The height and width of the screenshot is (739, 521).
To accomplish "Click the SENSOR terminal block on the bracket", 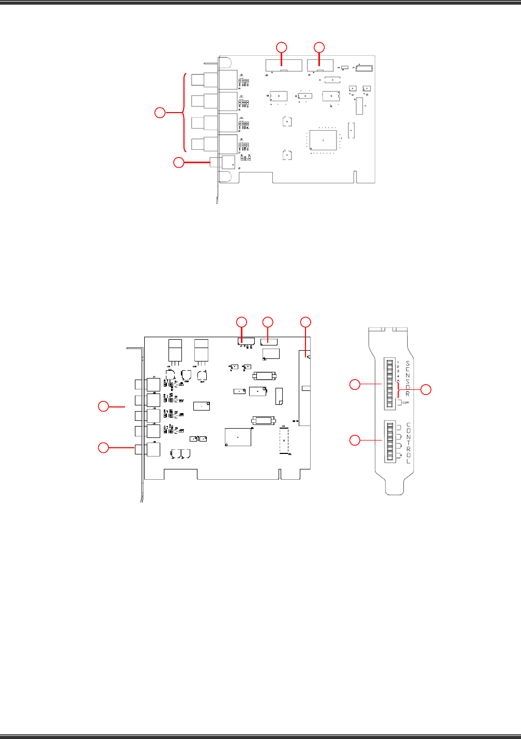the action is (389, 382).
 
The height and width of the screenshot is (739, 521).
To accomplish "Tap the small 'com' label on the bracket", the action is (405, 402).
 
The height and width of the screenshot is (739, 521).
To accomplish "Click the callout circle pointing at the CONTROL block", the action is (355, 440).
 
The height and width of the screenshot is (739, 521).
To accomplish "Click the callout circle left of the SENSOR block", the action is (355, 384).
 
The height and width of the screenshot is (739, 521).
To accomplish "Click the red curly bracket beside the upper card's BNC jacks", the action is (184, 112).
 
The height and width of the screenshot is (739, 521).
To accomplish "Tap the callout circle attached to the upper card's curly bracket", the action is (161, 112).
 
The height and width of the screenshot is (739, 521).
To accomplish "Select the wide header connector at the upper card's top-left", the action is (284, 66).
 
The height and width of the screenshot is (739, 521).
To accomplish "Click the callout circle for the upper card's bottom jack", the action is (178, 163).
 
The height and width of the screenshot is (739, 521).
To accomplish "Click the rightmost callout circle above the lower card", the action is (306, 322).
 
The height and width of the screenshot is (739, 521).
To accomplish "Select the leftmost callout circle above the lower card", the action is (241, 322).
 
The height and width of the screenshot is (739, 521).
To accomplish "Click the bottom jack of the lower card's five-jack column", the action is (153, 449).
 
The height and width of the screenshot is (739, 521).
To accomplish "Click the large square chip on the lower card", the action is (238, 437).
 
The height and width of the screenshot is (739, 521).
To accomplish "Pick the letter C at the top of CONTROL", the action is (408, 425).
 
